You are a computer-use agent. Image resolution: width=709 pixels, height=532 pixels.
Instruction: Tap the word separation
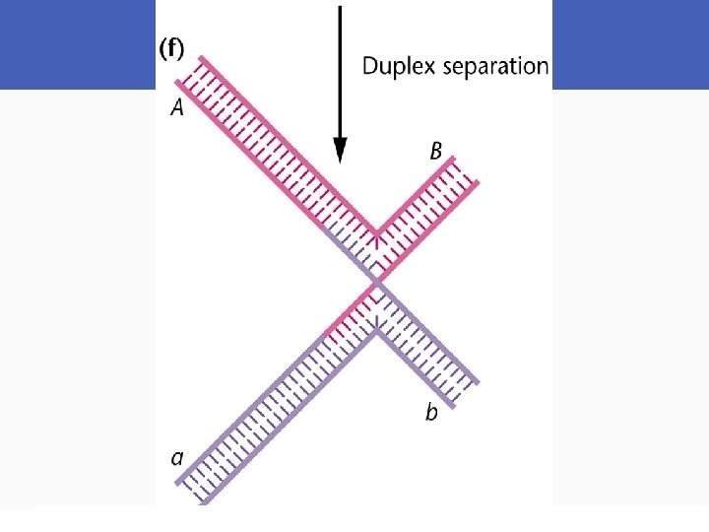coord(499,67)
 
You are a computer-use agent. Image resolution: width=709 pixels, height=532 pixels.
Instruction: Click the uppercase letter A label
coord(177,109)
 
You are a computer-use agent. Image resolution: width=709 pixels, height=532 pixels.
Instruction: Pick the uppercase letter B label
coord(435,152)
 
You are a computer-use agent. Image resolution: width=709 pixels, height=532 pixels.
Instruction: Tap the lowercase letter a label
coord(177,457)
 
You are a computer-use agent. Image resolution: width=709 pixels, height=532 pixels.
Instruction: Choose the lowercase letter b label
coord(431,413)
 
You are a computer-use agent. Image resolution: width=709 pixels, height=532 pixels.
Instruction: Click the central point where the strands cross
coord(375,285)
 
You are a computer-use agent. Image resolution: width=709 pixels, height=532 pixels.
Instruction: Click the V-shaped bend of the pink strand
coord(375,236)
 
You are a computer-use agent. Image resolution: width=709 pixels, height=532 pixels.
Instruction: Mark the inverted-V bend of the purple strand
coord(375,329)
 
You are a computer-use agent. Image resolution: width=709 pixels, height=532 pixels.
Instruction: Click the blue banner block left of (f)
coord(78,44)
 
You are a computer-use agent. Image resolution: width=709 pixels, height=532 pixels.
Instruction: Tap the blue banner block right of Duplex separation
coord(629,44)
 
